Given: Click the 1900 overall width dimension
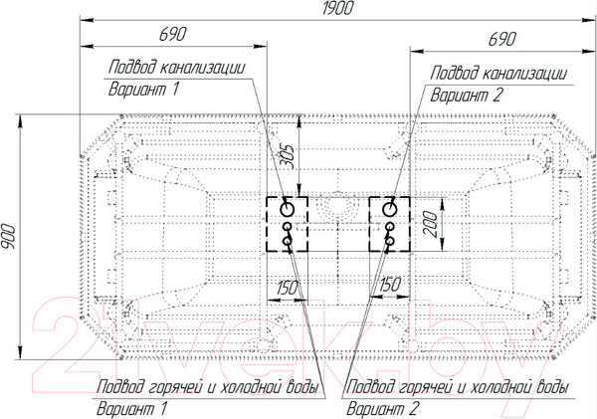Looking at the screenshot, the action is coord(337,8).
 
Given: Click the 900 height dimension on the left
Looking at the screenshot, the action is coord(8,237).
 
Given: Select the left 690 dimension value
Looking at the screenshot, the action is coord(173,34).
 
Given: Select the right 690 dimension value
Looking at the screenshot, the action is coord(502,39).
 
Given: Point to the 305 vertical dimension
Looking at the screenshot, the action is coord(288,156).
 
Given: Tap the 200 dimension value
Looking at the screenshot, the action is coord(430,224).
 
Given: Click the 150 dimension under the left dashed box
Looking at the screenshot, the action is coord(287,288).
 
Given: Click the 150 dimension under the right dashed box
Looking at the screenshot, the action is coord(390,285).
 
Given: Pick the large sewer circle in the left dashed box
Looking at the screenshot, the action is coord(288,209).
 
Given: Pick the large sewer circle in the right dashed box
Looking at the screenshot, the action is coord(390,209).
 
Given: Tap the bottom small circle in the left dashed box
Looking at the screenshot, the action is coord(288,241).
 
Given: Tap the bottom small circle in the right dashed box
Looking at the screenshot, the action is coord(389,241).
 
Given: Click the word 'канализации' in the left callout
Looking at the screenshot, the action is coord(202,68).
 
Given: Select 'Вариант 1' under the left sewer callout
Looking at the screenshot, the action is coord(143,90).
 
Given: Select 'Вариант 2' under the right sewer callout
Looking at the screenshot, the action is coord(467,96).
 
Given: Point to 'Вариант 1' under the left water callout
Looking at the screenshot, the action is coord(131,409).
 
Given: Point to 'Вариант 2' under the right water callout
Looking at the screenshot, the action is coord(382,409).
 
